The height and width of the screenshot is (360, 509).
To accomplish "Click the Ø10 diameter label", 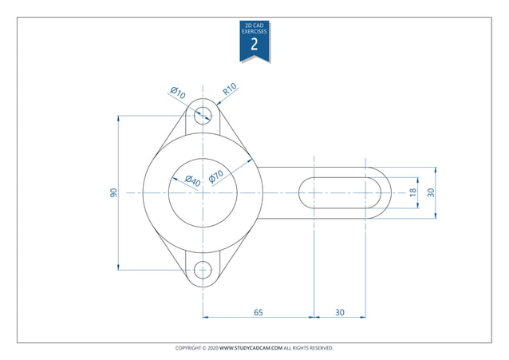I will [x=177, y=93].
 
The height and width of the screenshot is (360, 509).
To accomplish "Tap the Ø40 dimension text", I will [x=191, y=181].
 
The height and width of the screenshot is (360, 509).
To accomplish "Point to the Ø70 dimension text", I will [x=215, y=176].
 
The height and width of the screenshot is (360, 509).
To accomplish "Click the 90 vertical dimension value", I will [x=113, y=193].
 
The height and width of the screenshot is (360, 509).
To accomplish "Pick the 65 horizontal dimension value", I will [x=258, y=312].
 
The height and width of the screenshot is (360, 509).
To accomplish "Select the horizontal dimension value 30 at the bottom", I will [x=340, y=312].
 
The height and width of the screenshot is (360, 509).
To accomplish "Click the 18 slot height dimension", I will [x=412, y=193].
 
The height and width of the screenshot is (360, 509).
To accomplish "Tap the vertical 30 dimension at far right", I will [x=431, y=193].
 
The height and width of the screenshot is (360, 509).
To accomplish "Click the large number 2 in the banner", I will [x=254, y=44].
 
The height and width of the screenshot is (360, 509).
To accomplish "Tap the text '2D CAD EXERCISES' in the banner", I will [x=254, y=28].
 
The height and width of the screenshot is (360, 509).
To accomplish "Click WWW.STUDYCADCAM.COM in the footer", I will [x=251, y=348].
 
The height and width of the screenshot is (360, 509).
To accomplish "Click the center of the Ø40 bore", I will [x=203, y=193].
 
